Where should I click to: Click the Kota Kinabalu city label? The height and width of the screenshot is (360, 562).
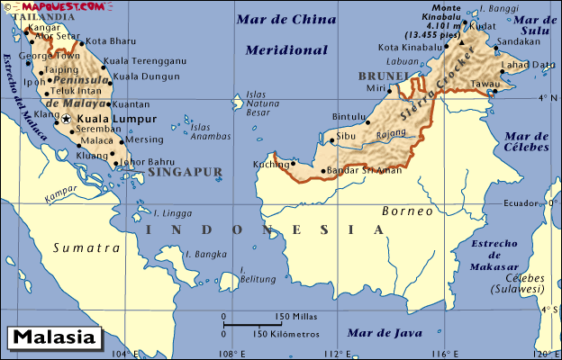click(412, 48)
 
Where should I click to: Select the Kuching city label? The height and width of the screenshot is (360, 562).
click(271, 164)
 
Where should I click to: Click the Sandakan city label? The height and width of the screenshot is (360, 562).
click(520, 41)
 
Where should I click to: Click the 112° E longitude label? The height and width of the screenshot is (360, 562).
click(336, 353)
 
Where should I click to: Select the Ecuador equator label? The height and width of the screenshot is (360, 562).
click(522, 203)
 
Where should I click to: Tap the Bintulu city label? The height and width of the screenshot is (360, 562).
click(349, 117)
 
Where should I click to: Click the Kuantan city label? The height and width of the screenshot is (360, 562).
click(132, 105)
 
